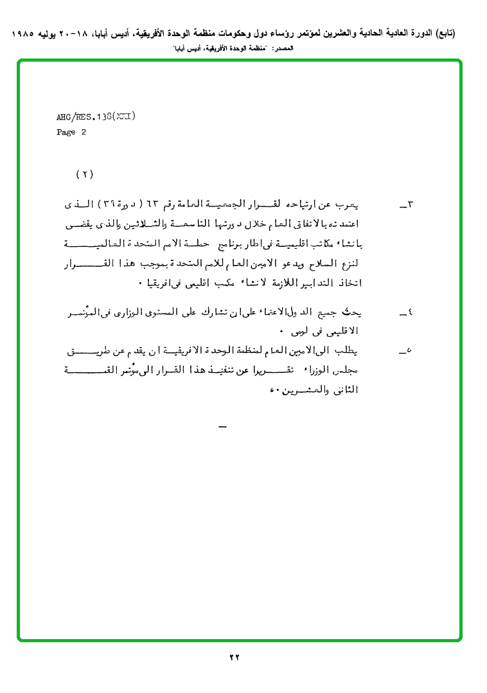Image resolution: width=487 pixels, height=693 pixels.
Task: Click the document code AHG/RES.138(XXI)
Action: tap(96, 117)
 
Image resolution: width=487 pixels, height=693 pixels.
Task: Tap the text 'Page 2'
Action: tap(71, 132)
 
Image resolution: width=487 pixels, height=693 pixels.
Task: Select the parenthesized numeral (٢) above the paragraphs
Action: tap(85, 174)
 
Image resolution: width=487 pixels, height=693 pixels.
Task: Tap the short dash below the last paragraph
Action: tap(222, 427)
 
